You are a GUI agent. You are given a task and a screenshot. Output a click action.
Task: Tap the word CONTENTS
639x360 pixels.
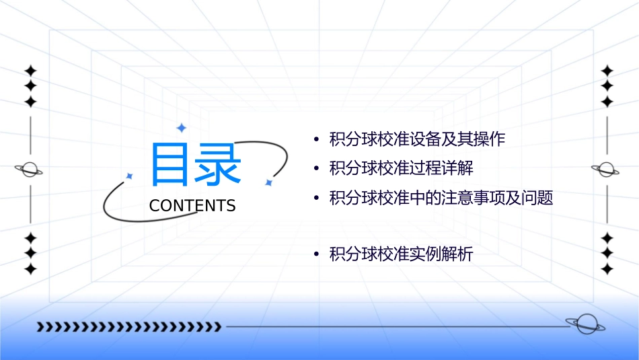(192, 206)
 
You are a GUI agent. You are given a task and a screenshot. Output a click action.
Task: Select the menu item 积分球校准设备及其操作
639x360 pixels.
(417, 140)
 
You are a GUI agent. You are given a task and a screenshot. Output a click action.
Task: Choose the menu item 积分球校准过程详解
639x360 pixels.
(402, 168)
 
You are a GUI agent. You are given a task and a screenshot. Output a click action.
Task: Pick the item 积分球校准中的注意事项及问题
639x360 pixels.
(441, 198)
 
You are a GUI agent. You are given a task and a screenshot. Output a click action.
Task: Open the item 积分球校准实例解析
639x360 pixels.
(402, 254)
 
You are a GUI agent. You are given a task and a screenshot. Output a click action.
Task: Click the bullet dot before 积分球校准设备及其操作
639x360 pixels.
(316, 140)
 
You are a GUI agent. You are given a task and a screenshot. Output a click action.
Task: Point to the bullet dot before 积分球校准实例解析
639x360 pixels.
(316, 254)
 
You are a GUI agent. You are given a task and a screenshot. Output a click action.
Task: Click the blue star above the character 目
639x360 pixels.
(180, 127)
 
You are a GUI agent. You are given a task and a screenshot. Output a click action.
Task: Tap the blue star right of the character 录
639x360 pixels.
(268, 182)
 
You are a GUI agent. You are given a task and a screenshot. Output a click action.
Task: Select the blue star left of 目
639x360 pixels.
(130, 176)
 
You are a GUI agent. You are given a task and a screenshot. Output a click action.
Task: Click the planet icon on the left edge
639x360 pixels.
(30, 170)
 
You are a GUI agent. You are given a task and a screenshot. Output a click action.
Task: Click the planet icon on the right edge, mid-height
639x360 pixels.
(606, 170)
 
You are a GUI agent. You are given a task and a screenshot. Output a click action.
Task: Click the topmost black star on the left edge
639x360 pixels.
(30, 71)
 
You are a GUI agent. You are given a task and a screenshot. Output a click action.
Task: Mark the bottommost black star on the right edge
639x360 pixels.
(607, 269)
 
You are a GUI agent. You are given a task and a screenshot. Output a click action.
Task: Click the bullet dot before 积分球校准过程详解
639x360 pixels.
(316, 168)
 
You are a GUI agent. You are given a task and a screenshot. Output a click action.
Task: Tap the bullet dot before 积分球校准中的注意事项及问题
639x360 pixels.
(316, 198)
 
